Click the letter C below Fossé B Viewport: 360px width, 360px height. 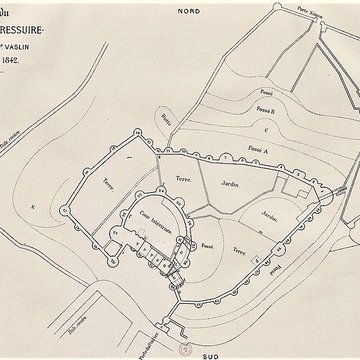coord(265,127)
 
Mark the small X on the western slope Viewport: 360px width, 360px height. coord(33,206)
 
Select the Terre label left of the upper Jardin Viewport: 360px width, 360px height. coord(183,176)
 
